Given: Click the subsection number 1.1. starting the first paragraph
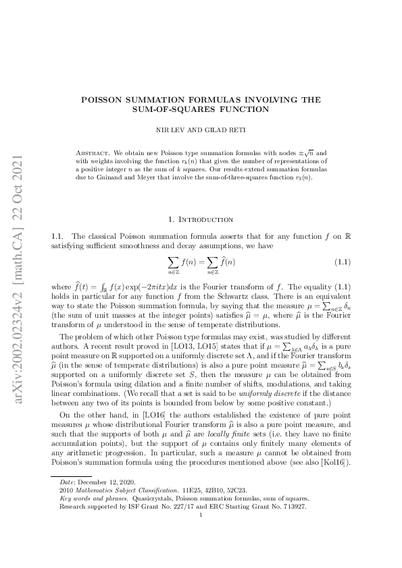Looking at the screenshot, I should click(57, 236).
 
